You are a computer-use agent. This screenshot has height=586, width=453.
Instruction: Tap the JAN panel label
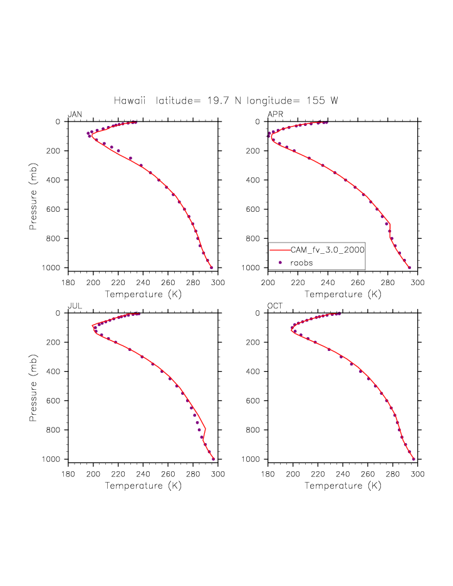click(x=75, y=114)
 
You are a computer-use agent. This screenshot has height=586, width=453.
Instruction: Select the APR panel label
click(x=274, y=114)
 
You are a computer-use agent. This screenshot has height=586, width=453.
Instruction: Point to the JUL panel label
click(x=74, y=306)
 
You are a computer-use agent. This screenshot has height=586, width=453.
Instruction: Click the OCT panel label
click(x=274, y=306)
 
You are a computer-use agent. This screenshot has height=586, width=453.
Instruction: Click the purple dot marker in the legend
click(x=280, y=262)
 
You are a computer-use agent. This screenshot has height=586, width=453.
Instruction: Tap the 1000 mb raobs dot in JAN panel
click(x=211, y=268)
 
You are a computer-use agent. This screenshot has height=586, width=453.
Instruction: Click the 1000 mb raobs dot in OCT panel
click(x=414, y=459)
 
